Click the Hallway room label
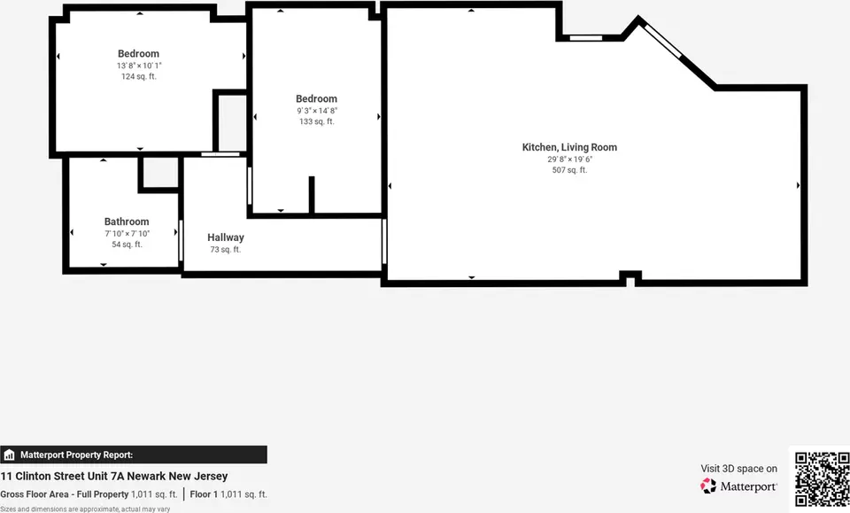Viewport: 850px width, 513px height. coord(226,237)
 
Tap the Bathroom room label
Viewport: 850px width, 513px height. coord(127,222)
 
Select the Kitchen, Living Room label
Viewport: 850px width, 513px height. coord(569,147)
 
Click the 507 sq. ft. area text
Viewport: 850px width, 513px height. coord(569,170)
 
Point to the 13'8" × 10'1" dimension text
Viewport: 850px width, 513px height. coord(139,66)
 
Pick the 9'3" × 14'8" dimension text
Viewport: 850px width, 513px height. coord(317,111)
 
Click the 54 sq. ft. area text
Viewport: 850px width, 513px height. coord(127,245)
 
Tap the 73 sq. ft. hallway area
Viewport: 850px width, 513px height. coord(226,250)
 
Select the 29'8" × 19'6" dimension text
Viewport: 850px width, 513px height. coord(569,159)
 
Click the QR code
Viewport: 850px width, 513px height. coord(822,478)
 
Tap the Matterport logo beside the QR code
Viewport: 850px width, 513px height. coord(738,486)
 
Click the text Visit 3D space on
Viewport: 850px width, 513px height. coord(738,469)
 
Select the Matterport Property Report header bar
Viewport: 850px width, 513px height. coord(134,455)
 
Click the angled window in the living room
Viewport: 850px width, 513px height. coord(663,40)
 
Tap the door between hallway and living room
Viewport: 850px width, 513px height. coord(383,241)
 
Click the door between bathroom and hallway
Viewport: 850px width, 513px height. coord(181,241)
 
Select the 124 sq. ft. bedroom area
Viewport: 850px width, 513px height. coord(139,76)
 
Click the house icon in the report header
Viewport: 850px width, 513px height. coord(9,455)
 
